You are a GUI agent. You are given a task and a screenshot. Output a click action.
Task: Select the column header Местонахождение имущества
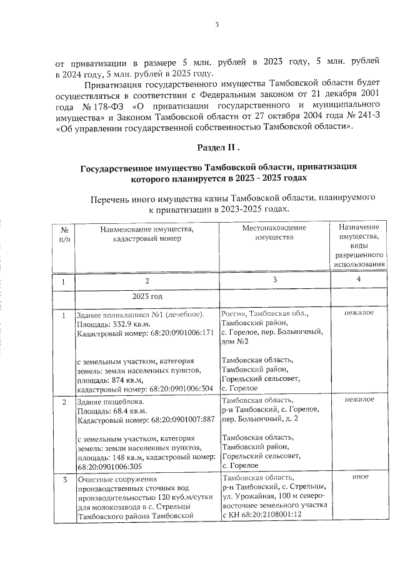pyautogui.click(x=274, y=233)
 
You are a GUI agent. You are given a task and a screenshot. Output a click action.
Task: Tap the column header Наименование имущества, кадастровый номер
pyautogui.click(x=147, y=233)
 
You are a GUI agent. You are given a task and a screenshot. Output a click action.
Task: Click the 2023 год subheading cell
pyautogui.click(x=147, y=296)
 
